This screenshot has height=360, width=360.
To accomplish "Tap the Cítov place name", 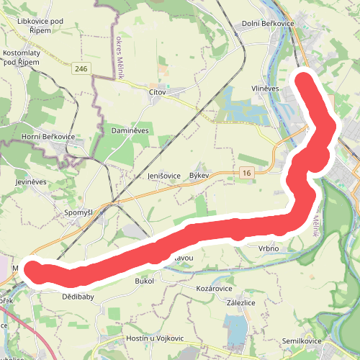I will tap(157, 93).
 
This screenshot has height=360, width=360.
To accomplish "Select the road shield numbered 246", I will tap(81, 68).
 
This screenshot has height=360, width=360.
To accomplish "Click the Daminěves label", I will tap(130, 130).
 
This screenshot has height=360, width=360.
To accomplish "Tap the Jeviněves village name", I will tap(30, 182).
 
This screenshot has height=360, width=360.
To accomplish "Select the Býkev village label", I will tap(199, 176).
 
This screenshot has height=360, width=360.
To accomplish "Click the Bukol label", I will tap(145, 281).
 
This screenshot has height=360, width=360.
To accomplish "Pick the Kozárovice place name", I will tap(214, 287).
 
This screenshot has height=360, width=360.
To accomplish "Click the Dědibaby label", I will tap(78, 297).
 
